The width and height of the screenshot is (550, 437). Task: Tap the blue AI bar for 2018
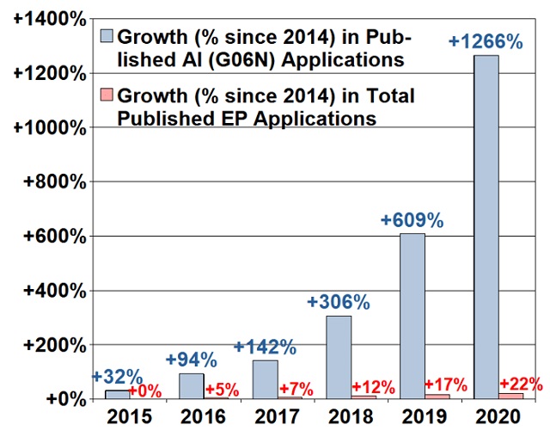[x=339, y=357]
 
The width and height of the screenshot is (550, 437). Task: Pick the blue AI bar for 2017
[x=265, y=379]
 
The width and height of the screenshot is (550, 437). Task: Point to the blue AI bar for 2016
[x=191, y=385]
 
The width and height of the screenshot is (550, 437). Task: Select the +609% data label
[x=412, y=220]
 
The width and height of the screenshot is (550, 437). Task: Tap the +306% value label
[x=339, y=302]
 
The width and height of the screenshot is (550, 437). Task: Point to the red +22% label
[x=521, y=384]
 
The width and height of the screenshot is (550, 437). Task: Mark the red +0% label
[x=146, y=391]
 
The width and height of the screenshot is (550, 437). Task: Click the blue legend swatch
[x=108, y=37]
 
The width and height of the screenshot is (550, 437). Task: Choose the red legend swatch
[x=108, y=95]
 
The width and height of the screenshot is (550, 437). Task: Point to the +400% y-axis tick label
[x=52, y=291]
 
